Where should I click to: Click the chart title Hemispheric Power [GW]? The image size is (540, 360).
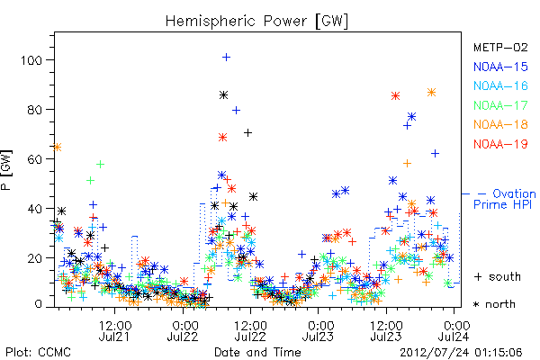256,22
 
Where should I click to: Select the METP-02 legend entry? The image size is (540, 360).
500,48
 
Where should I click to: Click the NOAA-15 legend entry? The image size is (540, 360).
500,67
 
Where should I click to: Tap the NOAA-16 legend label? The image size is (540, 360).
500,86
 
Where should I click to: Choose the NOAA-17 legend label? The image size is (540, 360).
500,105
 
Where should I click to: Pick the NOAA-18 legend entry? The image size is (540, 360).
500,124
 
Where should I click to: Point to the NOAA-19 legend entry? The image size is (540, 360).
500,144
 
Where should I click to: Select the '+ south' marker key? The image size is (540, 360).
498,276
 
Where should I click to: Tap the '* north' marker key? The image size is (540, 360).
494,304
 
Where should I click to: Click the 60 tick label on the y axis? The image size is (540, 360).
35,159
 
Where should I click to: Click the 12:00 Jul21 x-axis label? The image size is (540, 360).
114,331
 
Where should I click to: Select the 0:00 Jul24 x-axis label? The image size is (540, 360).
454,331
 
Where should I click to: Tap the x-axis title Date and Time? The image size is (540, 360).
257,353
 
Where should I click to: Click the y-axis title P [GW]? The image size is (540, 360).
7,170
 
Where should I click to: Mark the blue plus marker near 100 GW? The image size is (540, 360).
226,58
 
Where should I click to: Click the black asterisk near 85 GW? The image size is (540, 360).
223,95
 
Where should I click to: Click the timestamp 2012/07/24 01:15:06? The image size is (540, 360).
461,353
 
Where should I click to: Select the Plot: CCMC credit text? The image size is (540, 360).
38,353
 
